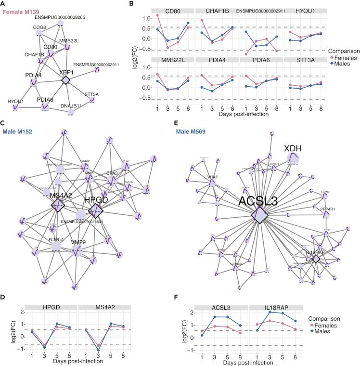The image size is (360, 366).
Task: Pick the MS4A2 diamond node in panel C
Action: (59, 206)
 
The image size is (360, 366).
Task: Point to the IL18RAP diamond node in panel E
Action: (316, 259)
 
